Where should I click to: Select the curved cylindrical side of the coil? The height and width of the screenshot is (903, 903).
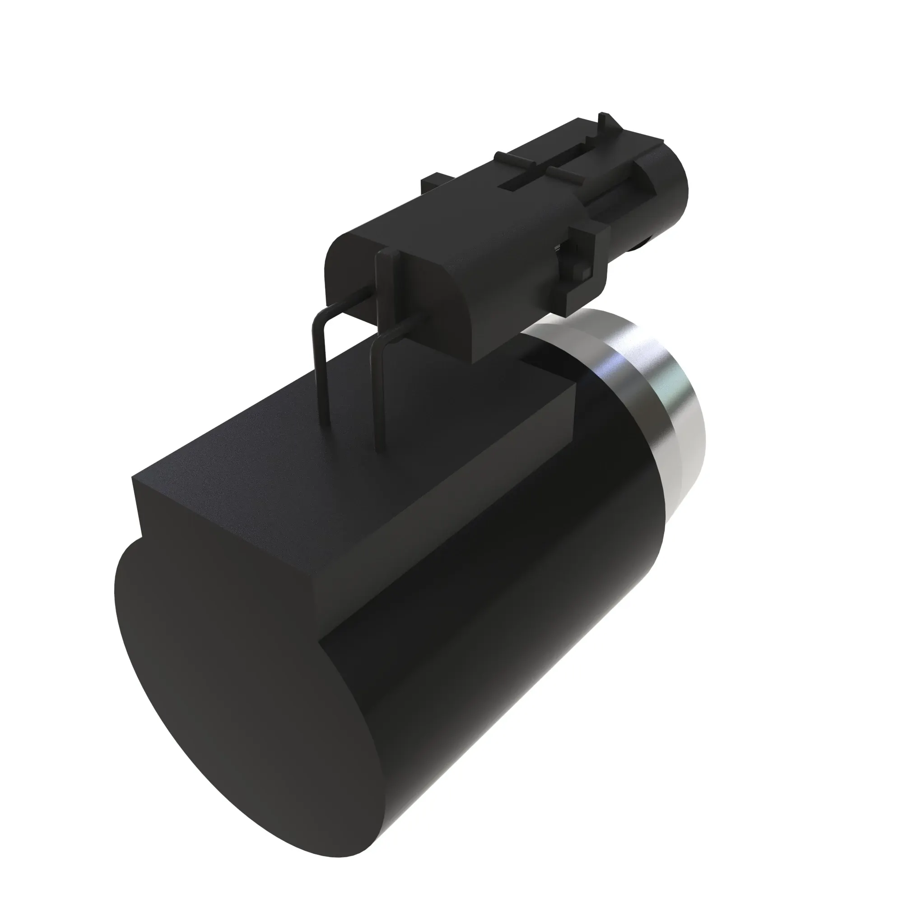537,631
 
